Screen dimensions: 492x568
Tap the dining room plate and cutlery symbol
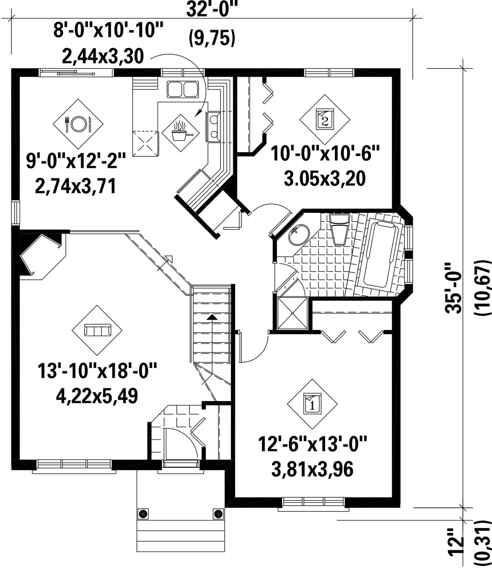[78, 124]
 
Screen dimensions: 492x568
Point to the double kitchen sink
[183, 89]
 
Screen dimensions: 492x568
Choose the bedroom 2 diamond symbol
[325, 119]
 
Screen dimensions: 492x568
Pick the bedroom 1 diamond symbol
[313, 404]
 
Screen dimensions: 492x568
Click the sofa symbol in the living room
[97, 330]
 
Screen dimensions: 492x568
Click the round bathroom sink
[299, 234]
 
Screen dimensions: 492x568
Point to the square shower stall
[292, 313]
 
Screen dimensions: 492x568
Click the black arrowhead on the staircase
[211, 317]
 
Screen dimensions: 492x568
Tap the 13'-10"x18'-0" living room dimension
[97, 371]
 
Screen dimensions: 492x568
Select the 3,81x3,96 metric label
[313, 470]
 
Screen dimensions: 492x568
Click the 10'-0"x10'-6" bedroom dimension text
[325, 153]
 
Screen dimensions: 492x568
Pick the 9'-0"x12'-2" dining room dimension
[76, 161]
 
